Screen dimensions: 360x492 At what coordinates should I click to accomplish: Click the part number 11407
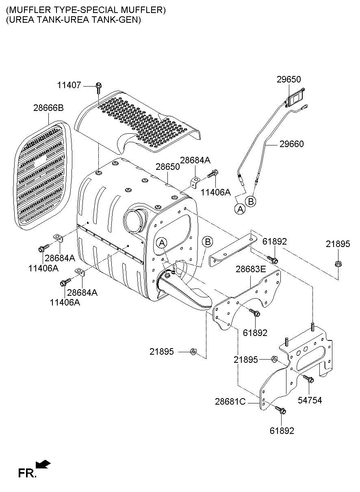(x=69, y=85)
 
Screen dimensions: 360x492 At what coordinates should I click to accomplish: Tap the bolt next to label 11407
(x=99, y=88)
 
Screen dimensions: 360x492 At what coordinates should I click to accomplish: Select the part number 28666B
(x=48, y=108)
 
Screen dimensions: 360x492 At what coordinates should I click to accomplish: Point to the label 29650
(x=288, y=79)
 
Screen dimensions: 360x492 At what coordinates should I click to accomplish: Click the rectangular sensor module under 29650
(x=295, y=98)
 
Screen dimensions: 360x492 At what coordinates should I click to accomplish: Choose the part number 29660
(x=292, y=144)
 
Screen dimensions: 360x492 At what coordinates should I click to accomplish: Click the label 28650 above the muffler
(x=168, y=167)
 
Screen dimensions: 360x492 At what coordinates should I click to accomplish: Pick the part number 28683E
(x=251, y=269)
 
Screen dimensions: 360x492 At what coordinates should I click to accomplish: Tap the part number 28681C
(x=230, y=402)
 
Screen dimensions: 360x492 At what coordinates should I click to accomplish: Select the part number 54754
(x=310, y=400)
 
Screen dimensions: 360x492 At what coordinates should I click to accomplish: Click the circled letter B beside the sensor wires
(x=251, y=201)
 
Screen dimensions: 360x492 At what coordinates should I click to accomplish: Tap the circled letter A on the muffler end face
(x=162, y=243)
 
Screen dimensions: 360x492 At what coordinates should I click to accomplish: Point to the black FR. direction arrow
(x=43, y=464)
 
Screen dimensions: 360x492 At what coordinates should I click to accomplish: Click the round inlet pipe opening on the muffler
(x=134, y=221)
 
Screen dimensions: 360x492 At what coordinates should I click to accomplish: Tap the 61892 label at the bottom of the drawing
(x=282, y=431)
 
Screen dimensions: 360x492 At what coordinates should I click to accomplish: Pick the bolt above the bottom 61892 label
(x=280, y=410)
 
